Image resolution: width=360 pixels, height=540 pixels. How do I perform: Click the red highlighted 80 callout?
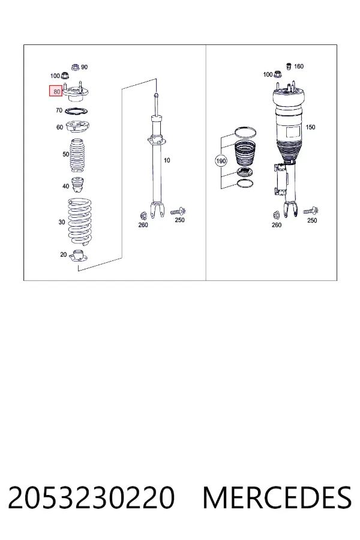point(56,91)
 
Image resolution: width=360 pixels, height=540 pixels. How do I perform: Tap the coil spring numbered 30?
point(79,222)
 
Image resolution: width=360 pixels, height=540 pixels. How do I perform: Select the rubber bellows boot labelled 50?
point(78,155)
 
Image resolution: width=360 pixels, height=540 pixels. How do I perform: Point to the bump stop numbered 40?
point(78,185)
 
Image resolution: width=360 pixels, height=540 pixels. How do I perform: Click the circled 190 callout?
point(220,161)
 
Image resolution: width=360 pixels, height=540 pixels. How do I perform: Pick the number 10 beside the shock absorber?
point(167,160)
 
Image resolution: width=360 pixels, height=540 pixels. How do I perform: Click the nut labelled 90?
point(75,67)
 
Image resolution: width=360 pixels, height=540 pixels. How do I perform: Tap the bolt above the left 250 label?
point(178,211)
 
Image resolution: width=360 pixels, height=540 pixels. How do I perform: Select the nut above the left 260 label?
point(143,216)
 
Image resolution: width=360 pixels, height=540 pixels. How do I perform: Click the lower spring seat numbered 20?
point(79,257)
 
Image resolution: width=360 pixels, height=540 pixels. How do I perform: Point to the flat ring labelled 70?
point(76,112)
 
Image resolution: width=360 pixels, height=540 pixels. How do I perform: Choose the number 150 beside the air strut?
point(310,127)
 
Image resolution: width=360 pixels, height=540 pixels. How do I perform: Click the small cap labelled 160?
point(289,66)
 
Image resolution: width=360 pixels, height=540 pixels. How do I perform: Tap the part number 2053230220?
point(91,497)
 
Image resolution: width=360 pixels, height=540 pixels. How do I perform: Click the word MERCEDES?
point(277,497)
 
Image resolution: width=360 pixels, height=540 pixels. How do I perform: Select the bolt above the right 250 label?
point(311,211)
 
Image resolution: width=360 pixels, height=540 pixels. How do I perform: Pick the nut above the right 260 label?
point(276,215)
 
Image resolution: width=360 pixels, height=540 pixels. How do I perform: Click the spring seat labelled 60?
point(77,127)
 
